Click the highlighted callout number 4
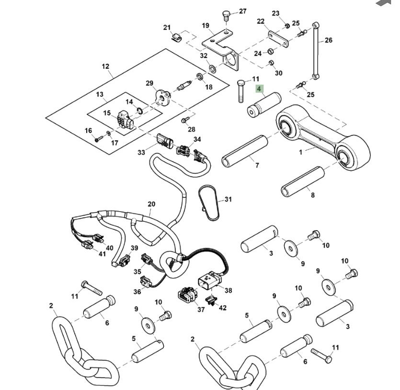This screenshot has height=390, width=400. click(x=259, y=89)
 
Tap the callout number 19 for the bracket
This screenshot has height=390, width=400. click(x=206, y=25)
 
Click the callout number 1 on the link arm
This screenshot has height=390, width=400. click(x=301, y=153)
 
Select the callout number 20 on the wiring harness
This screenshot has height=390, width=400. click(x=151, y=204)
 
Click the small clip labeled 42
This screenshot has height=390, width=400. click(x=209, y=300)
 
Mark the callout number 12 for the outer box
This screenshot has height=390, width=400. click(x=105, y=67)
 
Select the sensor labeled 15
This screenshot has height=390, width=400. click(x=126, y=119)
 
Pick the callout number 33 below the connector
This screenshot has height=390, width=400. click(x=141, y=153)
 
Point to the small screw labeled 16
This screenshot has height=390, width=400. click(x=97, y=139)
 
